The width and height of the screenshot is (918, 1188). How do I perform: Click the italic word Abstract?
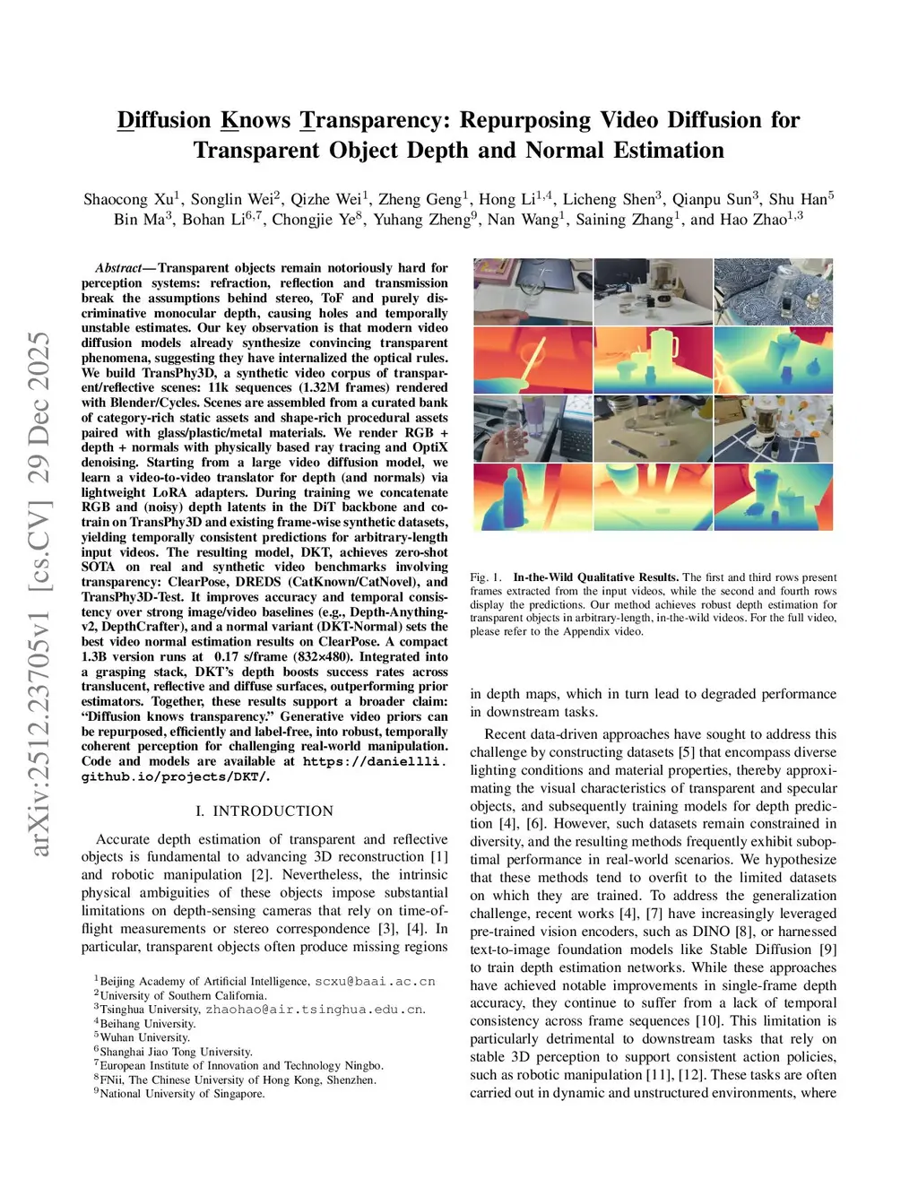click(117, 268)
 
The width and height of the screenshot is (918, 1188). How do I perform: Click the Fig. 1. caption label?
click(485, 577)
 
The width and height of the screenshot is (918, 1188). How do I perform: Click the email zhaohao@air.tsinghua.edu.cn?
click(315, 1010)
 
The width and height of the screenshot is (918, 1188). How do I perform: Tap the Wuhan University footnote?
click(144, 1037)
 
